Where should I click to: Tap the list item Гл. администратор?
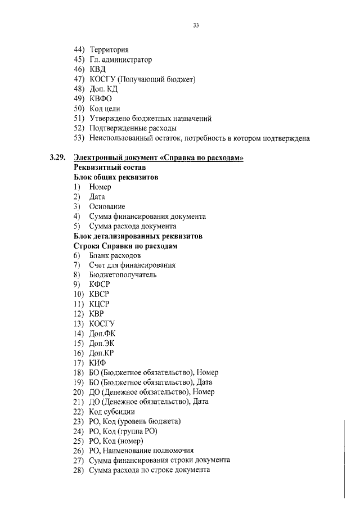point(120,60)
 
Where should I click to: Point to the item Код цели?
point(105,109)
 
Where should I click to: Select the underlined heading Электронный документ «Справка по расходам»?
point(159,157)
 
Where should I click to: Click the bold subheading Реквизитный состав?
point(110,168)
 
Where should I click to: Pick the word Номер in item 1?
point(100,187)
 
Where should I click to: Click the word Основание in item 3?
point(107,206)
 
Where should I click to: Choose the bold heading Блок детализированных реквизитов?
point(138,236)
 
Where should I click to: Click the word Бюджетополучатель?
point(123,274)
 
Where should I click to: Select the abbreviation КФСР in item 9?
point(100,285)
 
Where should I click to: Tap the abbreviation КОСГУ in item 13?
point(102,323)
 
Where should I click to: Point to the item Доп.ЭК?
point(102,343)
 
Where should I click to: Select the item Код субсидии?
point(112,411)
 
